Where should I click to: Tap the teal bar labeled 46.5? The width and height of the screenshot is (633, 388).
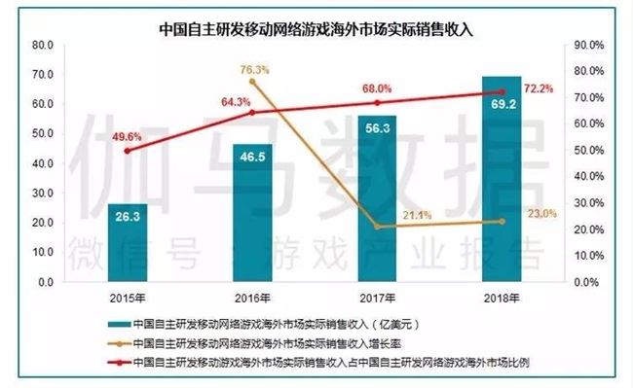pyautogui.click(x=253, y=213)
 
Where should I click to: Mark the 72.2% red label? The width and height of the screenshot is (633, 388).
pyautogui.click(x=540, y=88)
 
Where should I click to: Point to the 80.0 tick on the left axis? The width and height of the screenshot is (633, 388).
pyautogui.click(x=42, y=45)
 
